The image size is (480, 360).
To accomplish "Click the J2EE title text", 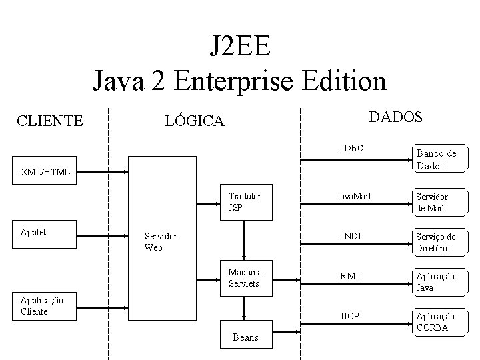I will click(x=239, y=47).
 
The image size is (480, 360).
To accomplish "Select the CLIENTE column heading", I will click(x=50, y=121).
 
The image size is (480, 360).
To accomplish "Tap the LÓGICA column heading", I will click(x=195, y=121).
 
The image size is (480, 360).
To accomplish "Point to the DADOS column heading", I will click(x=395, y=117).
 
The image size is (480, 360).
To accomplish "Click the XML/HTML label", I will click(x=45, y=172).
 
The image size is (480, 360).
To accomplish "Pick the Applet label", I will click(x=33, y=232).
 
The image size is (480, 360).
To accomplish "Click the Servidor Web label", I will click(x=161, y=242).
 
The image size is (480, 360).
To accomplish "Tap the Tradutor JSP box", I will click(x=247, y=201).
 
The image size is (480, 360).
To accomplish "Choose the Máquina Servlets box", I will click(x=247, y=277).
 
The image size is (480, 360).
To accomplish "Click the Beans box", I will click(x=246, y=337).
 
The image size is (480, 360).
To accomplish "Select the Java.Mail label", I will click(x=353, y=197).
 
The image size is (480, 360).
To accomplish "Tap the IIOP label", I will click(x=351, y=315).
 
